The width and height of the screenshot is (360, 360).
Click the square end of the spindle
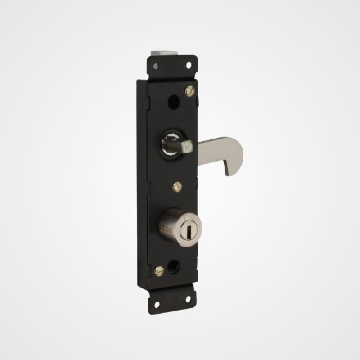point(186,146)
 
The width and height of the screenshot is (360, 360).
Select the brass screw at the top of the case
point(189,90)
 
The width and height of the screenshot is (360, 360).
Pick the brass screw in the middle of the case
point(177,186)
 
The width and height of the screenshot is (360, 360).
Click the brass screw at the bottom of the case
point(159,270)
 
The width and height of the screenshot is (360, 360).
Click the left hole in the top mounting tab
point(155,66)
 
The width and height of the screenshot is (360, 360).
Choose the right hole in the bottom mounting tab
point(188,298)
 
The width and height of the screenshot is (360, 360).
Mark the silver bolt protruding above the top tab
point(164,53)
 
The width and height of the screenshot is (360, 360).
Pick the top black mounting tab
point(172,66)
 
